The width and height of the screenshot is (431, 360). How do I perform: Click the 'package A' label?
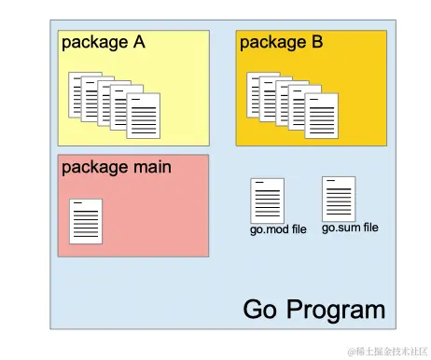click(x=103, y=42)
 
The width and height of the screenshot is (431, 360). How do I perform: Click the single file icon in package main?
click(x=86, y=221)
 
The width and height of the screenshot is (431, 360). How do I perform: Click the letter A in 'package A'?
click(x=138, y=42)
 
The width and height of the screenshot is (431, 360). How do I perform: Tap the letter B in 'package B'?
click(x=316, y=42)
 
